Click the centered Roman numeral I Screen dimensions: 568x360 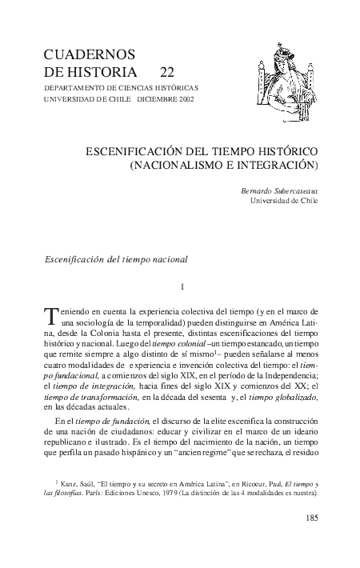(x=184, y=286)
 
